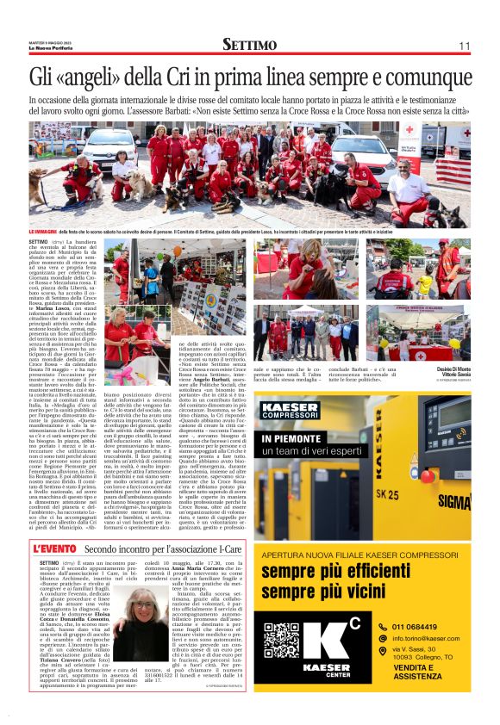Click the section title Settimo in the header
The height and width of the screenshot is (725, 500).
[249, 44]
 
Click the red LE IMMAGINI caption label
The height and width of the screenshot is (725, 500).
[42, 232]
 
